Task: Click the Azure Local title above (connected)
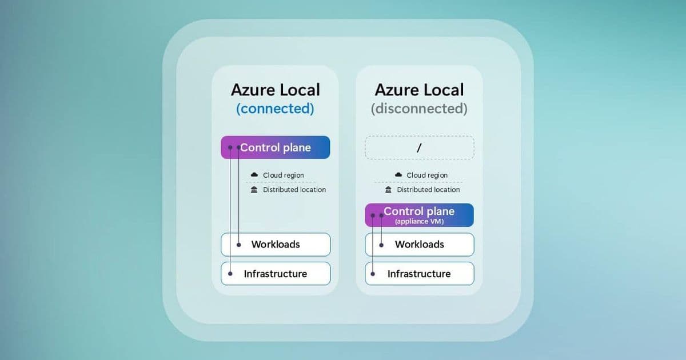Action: pyautogui.click(x=275, y=90)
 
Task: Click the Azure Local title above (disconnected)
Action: pyautogui.click(x=419, y=90)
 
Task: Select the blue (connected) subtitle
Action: pyautogui.click(x=275, y=109)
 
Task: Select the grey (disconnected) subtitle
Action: pyautogui.click(x=419, y=109)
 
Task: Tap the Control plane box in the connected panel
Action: pyautogui.click(x=275, y=147)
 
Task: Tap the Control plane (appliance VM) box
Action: pyautogui.click(x=419, y=215)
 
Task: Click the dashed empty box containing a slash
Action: pyautogui.click(x=419, y=147)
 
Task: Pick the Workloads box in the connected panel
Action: pyautogui.click(x=275, y=245)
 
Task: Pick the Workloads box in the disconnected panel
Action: pyautogui.click(x=419, y=245)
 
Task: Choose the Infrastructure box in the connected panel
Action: pyautogui.click(x=275, y=274)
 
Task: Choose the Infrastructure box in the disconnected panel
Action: pyautogui.click(x=419, y=274)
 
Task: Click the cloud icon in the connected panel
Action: pyautogui.click(x=254, y=175)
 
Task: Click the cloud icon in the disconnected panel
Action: pyautogui.click(x=398, y=175)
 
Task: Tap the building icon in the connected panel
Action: pyautogui.click(x=254, y=190)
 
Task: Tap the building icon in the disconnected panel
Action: pyautogui.click(x=388, y=190)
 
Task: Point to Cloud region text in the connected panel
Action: pyautogui.click(x=284, y=175)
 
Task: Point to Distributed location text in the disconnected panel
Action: pyautogui.click(x=428, y=190)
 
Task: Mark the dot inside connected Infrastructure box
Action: pyautogui.click(x=230, y=274)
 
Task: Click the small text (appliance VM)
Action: pyautogui.click(x=419, y=221)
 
